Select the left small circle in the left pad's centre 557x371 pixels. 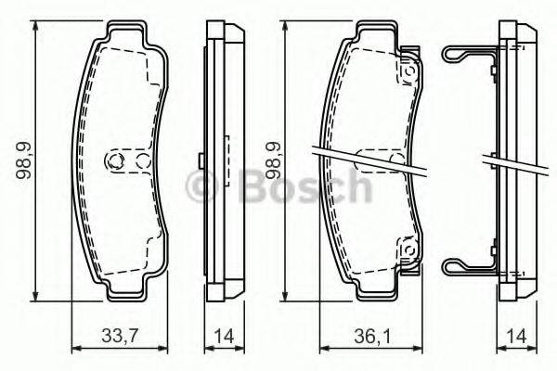pyautogui.click(x=115, y=161)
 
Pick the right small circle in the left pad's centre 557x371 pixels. pyautogui.click(x=142, y=161)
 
